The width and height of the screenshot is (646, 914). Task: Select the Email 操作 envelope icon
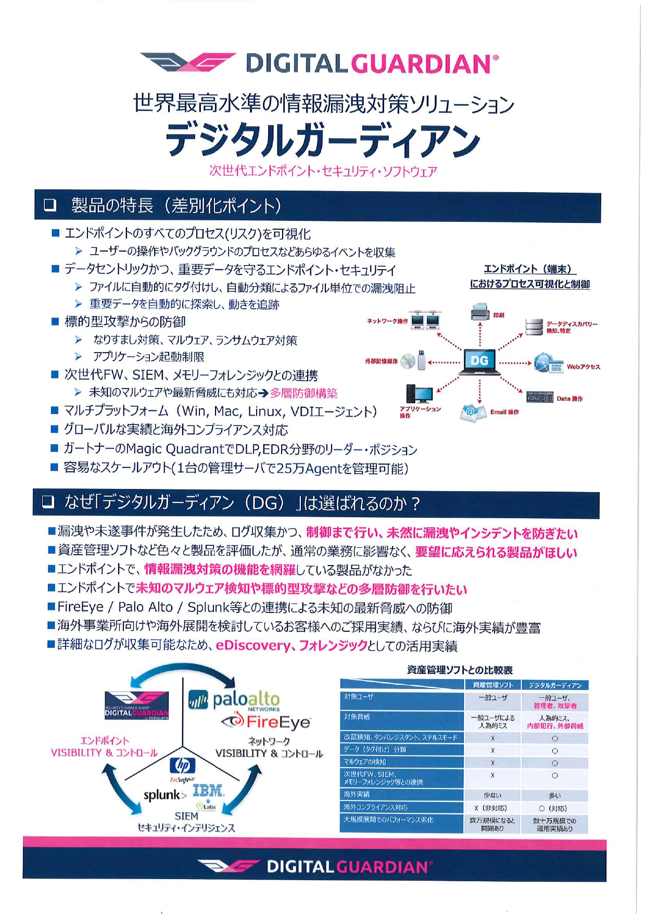tap(473, 412)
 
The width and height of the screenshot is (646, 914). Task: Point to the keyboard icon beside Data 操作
tap(539, 397)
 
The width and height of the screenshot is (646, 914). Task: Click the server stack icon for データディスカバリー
tap(534, 327)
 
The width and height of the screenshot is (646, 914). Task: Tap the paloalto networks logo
tap(234, 699)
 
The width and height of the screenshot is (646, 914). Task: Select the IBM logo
tap(208, 791)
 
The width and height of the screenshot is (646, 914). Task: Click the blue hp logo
tap(183, 765)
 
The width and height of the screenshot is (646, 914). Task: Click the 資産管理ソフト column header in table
tap(492, 685)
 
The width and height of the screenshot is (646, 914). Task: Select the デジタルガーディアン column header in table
tap(555, 685)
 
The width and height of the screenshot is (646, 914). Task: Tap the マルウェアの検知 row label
tap(364, 761)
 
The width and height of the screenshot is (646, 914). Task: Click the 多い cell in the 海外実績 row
tap(555, 795)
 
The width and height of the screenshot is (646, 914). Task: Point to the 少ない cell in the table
tap(492, 795)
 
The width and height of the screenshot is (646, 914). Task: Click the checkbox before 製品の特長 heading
tap(50, 205)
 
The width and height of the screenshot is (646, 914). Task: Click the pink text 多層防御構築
tap(303, 393)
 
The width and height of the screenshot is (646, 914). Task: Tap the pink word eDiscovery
tap(253, 645)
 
